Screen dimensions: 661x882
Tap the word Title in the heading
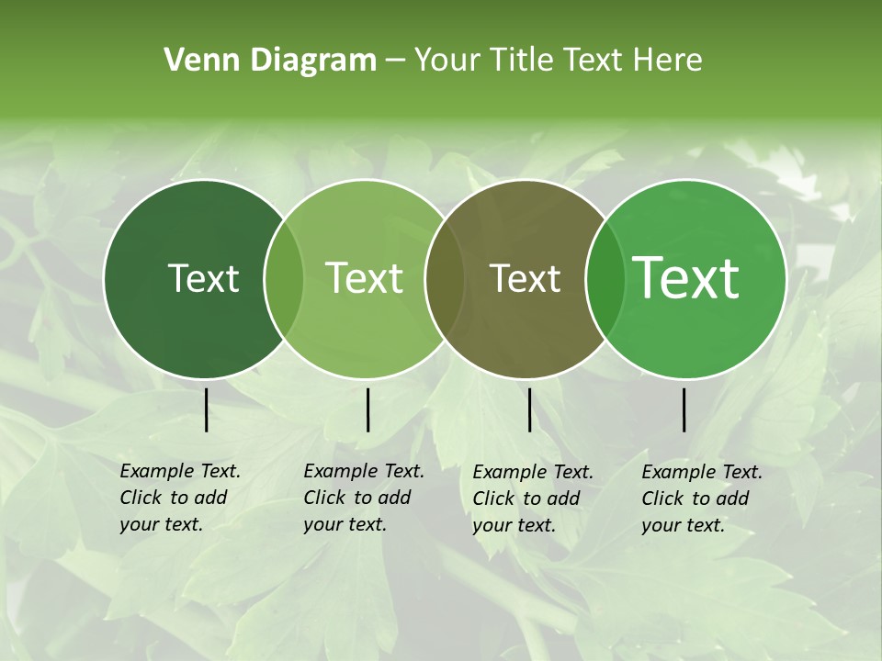click(x=520, y=61)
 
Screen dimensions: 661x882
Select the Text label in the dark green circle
click(x=203, y=278)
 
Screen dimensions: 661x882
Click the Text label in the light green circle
click(x=365, y=278)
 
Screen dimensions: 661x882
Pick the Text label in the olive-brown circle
click(x=525, y=278)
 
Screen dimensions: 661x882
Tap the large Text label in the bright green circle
click(x=686, y=278)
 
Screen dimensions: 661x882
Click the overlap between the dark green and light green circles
click(x=284, y=278)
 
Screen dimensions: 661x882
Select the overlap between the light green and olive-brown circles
click(x=445, y=278)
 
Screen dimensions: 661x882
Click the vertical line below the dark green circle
click(x=206, y=409)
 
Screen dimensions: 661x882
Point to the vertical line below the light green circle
click(x=367, y=409)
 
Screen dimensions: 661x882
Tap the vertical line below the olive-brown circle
click(x=529, y=409)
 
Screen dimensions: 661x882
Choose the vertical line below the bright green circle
click(x=684, y=409)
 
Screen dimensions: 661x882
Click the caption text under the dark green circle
click(x=180, y=498)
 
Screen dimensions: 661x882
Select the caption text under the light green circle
click(x=364, y=498)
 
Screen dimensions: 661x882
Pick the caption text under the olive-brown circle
click(x=533, y=498)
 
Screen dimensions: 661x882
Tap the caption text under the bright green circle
click(x=702, y=498)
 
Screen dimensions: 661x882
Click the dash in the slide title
click(x=395, y=62)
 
